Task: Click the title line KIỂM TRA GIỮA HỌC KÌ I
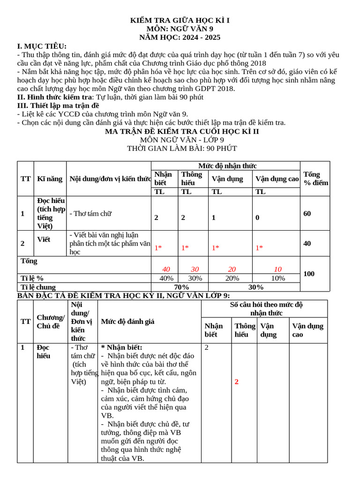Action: pyautogui.click(x=180, y=21)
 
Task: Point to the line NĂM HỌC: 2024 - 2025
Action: pyautogui.click(x=180, y=37)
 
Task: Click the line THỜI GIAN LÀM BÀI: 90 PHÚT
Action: pyautogui.click(x=182, y=149)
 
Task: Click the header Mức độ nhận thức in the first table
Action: pyautogui.click(x=227, y=166)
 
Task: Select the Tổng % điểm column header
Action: pyautogui.click(x=315, y=179)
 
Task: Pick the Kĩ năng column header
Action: pyautogui.click(x=50, y=179)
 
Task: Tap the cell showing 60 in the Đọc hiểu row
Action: pyautogui.click(x=307, y=213)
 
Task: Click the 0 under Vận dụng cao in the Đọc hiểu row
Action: pyautogui.click(x=257, y=217)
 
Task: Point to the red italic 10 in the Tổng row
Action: pyautogui.click(x=278, y=269)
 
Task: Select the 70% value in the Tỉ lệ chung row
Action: pyautogui.click(x=181, y=287)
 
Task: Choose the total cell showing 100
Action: pyautogui.click(x=309, y=273)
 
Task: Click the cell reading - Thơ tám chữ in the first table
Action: pyautogui.click(x=90, y=213)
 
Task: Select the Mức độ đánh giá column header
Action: pyautogui.click(x=127, y=322)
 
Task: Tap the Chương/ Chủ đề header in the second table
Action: pyautogui.click(x=51, y=322)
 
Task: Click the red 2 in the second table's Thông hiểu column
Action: pyautogui.click(x=237, y=382)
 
